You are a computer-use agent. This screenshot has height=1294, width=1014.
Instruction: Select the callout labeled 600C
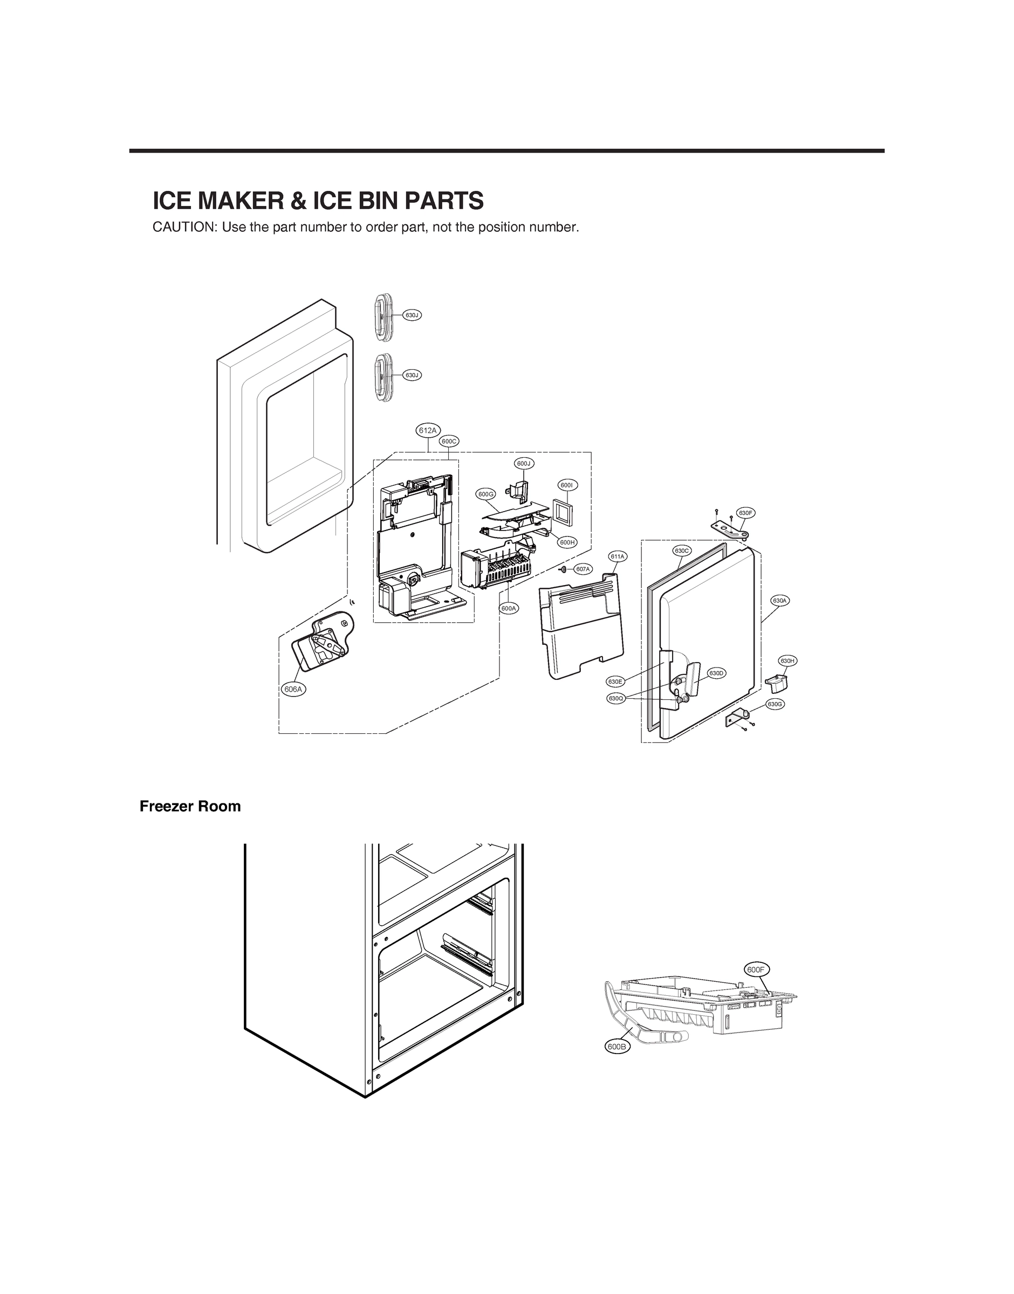[449, 441]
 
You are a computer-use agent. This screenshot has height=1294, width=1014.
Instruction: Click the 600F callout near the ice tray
[757, 969]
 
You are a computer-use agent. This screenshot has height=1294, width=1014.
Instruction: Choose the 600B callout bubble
[618, 1047]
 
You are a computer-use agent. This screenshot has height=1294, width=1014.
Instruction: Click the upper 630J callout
[412, 315]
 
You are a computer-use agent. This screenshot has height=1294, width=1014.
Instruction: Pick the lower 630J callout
[412, 375]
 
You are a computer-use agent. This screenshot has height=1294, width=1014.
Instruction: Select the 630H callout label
[788, 661]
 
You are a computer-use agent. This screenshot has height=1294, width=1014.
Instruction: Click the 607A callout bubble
[583, 569]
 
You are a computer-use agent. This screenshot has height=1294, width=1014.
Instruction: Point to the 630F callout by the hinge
[746, 513]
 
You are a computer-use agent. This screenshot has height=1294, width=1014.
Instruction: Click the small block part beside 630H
[777, 684]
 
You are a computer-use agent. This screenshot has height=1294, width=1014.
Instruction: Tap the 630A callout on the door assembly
[780, 601]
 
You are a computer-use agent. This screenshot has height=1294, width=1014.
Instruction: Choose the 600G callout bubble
[485, 494]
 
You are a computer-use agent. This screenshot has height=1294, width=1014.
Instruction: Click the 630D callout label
[717, 673]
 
